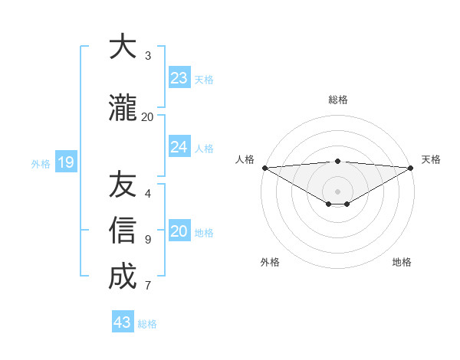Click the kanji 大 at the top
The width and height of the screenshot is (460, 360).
[x=123, y=47]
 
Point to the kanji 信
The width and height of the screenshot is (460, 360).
[x=123, y=230]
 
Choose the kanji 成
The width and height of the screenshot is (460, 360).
[x=123, y=276]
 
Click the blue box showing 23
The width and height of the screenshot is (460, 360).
[x=179, y=78]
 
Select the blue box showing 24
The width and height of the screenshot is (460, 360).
[x=179, y=147]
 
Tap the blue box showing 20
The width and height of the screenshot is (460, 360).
[x=179, y=231]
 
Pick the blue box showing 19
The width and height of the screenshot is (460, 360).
[x=65, y=162]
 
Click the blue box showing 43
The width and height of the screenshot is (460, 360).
[x=123, y=322]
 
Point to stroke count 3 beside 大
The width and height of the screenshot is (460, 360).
[x=148, y=56]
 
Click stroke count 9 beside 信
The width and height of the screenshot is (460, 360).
[x=148, y=240]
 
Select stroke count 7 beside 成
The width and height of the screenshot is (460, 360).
[x=148, y=286]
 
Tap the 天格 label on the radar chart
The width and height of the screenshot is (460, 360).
[x=431, y=159]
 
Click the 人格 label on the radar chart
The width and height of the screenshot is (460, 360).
[x=245, y=159]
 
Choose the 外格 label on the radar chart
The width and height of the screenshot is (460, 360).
[x=270, y=262]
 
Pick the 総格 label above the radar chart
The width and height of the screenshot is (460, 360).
[x=337, y=100]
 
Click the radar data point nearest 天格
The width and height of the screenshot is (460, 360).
[x=411, y=168]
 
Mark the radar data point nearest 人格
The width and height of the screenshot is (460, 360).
[x=264, y=168]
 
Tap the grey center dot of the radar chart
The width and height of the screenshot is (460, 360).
[x=337, y=191]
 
